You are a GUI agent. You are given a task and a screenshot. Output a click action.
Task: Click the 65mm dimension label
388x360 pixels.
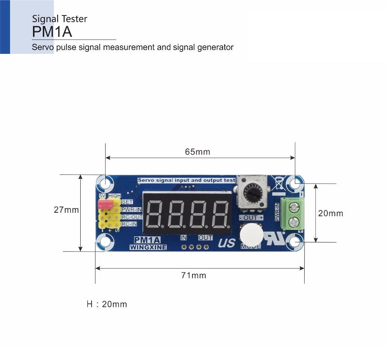(197, 152)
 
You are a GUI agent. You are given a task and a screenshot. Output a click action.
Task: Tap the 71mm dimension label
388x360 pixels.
(194, 276)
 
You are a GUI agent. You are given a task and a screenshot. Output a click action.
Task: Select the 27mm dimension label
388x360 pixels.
(66, 210)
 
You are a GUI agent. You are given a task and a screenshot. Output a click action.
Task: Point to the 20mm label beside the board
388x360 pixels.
(331, 213)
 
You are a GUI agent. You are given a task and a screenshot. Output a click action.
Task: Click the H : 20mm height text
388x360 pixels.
(107, 304)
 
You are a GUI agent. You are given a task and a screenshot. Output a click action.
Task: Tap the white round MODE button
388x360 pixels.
(251, 233)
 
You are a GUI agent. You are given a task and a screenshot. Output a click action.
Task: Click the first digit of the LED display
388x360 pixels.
(154, 214)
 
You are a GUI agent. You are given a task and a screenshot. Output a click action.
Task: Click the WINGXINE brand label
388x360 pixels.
(148, 247)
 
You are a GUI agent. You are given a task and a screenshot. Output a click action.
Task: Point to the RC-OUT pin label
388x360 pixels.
(132, 217)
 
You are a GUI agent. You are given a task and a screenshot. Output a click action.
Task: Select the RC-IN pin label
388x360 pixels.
(129, 224)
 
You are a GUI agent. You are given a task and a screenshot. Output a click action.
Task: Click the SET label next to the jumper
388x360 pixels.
(127, 202)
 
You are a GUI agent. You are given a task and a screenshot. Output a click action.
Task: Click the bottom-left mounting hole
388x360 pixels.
(105, 243)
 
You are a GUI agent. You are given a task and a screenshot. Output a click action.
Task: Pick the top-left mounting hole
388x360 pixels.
(105, 182)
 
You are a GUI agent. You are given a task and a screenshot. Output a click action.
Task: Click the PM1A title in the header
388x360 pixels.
(52, 32)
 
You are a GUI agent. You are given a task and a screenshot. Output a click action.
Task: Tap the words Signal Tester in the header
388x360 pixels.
(60, 19)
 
